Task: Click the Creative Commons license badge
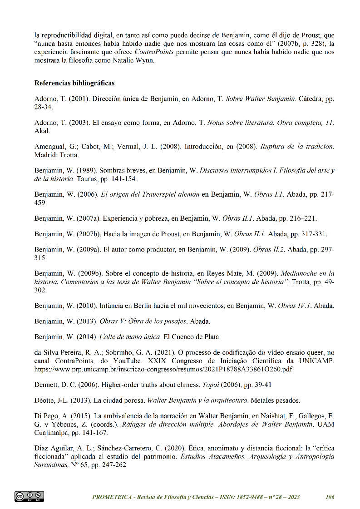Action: (x=29, y=496)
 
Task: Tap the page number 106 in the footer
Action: (x=330, y=497)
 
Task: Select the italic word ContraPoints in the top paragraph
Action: (x=155, y=52)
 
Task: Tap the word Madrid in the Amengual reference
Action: (x=44, y=155)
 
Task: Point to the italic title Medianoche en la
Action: (x=307, y=273)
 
